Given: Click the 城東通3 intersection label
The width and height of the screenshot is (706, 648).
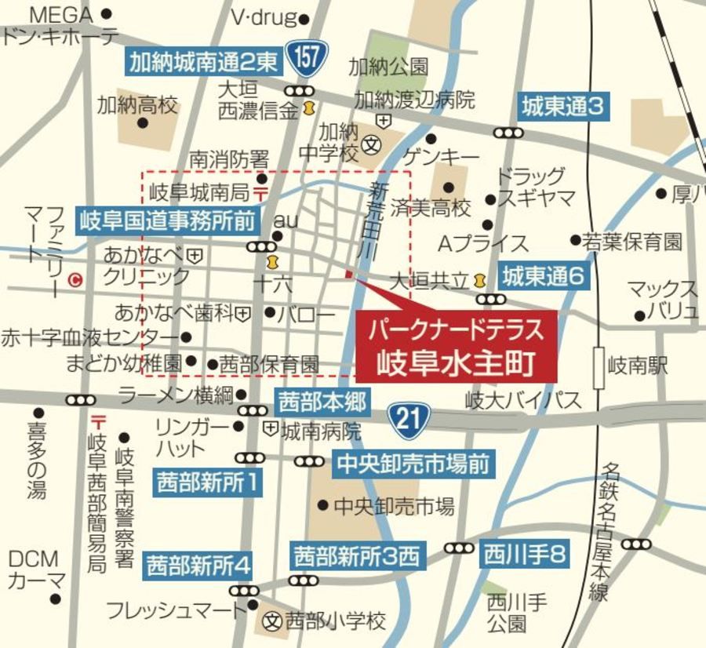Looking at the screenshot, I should click(563, 107).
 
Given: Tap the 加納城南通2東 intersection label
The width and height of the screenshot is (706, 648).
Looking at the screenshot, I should click(204, 60).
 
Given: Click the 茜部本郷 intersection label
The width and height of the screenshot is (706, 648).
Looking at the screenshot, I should click(322, 403).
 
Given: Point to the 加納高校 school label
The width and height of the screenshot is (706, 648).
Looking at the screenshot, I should click(137, 104).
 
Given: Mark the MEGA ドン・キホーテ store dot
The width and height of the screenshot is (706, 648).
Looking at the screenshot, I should click(107, 14).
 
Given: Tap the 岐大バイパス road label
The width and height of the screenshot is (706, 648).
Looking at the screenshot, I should click(523, 400).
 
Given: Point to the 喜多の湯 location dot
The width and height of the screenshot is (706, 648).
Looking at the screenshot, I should click(38, 412).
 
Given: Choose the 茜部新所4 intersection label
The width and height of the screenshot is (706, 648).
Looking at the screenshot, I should click(199, 564).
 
